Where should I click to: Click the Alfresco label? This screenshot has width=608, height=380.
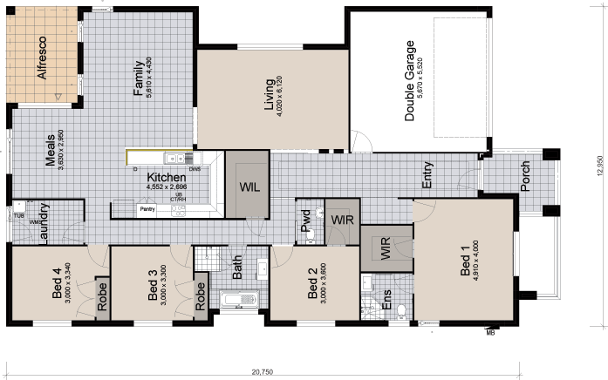coord(41,58)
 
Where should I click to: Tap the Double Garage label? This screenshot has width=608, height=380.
coord(408,79)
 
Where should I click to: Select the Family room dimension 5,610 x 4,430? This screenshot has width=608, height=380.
coord(150,81)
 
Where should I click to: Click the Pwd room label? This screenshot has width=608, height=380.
coord(305,224)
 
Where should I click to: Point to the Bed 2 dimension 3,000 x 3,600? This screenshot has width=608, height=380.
coord(324,284)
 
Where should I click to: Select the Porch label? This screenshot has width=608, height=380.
coord(525,179)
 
